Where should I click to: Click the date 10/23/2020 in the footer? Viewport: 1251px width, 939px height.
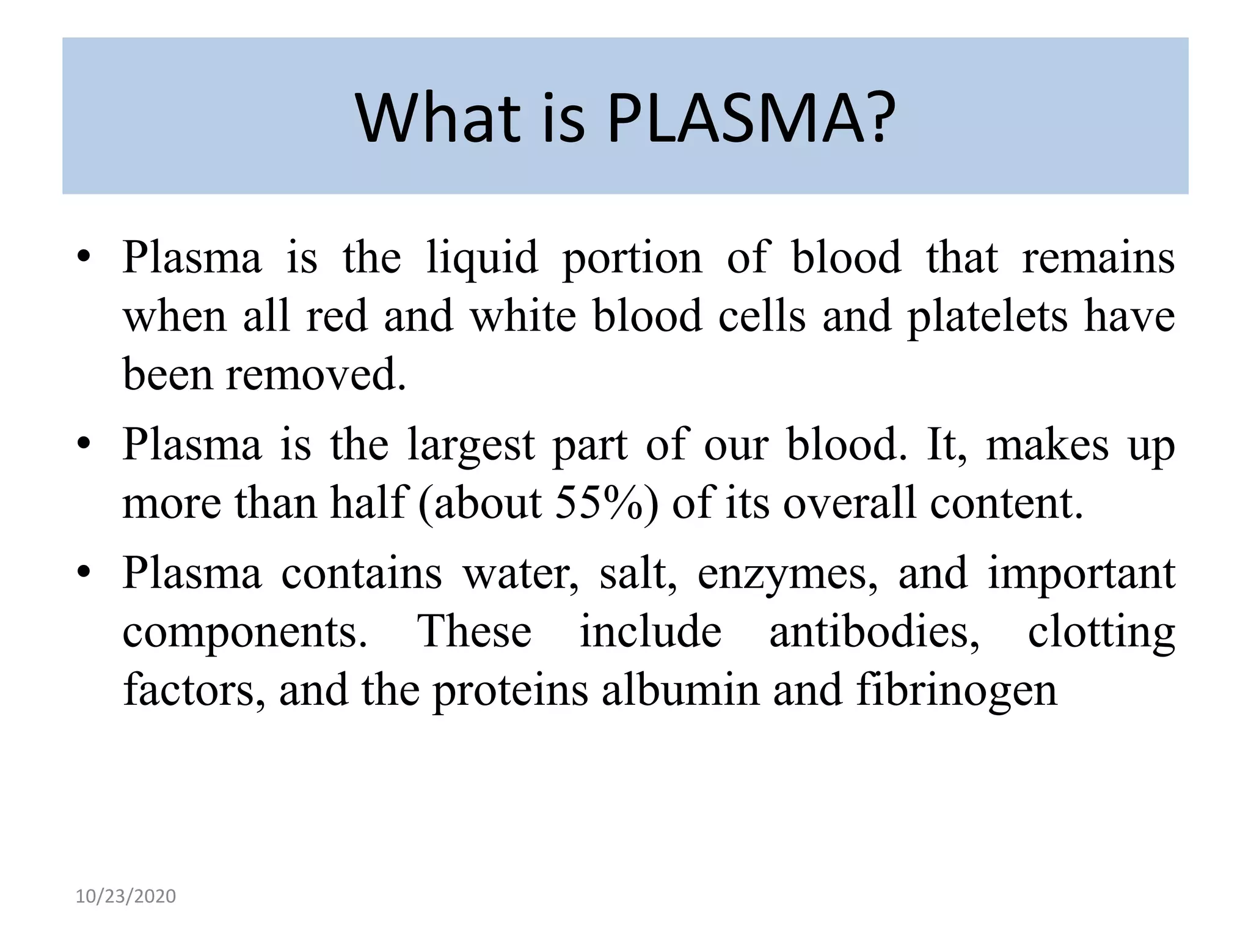coord(126,896)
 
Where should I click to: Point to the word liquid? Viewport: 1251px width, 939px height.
coord(482,257)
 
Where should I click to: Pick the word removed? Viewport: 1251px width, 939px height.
coord(316,374)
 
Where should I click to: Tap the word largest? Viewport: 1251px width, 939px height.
coord(472,445)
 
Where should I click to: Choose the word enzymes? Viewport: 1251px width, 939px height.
coord(787,575)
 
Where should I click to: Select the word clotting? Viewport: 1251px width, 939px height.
coord(1101,632)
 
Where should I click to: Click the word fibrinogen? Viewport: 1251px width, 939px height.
coord(956,690)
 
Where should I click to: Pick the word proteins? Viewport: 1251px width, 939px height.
coord(509,690)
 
